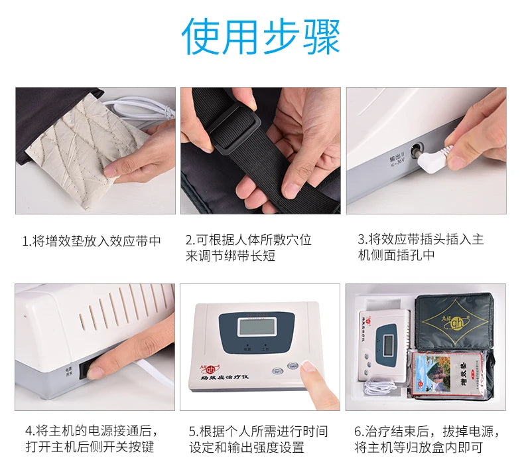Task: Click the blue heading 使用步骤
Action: coord(261,37)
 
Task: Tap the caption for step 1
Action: coord(92,240)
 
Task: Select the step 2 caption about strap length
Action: coord(248,248)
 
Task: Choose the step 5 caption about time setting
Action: coord(258,439)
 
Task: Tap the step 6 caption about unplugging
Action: coord(425,439)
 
